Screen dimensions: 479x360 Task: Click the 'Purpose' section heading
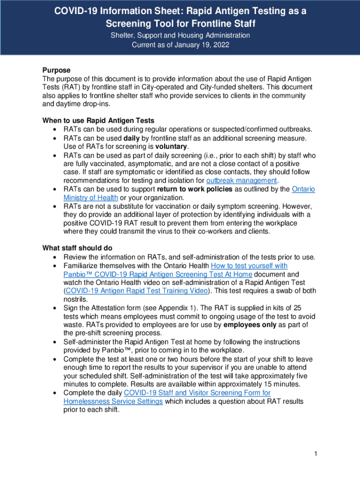click(56, 70)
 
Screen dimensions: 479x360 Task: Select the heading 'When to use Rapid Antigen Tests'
click(98, 120)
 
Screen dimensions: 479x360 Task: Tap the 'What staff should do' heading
click(77, 248)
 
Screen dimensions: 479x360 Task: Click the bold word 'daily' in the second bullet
click(131, 138)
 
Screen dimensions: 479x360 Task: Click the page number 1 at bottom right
click(316, 454)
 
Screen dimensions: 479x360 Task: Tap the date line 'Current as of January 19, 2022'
click(180, 45)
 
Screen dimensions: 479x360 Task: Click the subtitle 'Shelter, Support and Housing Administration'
click(180, 36)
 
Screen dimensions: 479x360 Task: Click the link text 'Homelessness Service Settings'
click(113, 401)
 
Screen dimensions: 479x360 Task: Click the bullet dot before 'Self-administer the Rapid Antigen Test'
click(55, 342)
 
